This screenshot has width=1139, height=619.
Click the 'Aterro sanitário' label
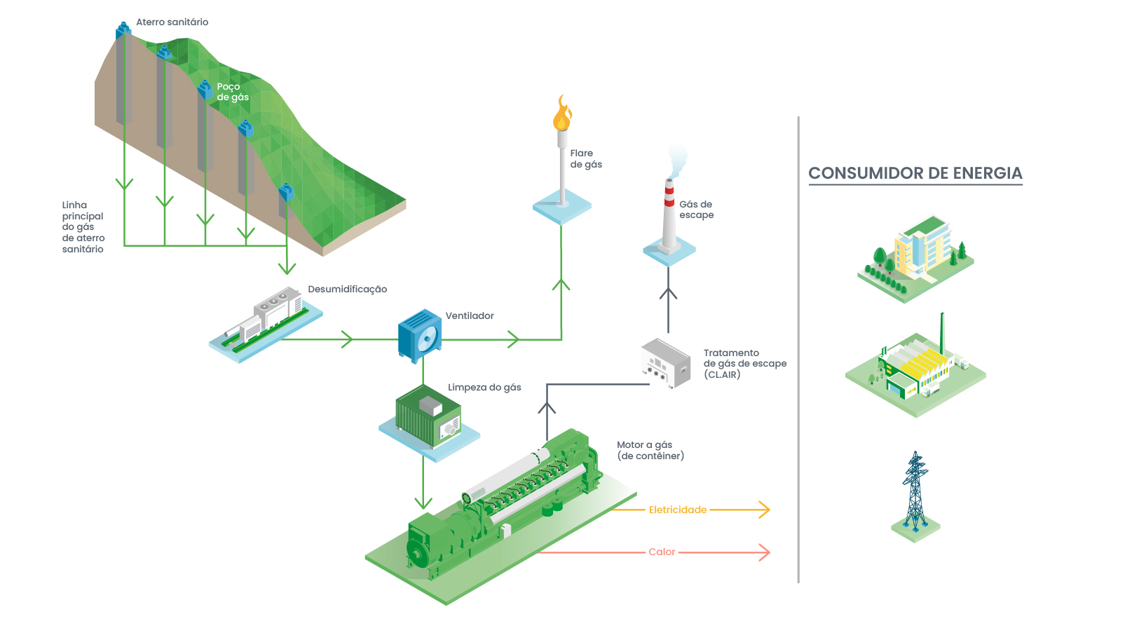(x=172, y=22)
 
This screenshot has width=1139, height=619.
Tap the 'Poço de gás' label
(x=233, y=92)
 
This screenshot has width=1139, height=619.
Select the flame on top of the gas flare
(x=561, y=114)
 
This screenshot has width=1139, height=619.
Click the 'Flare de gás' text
(x=586, y=158)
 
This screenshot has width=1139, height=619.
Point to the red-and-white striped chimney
(x=669, y=214)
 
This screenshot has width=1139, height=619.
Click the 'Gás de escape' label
(x=696, y=210)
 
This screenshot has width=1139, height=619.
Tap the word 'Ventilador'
(x=470, y=316)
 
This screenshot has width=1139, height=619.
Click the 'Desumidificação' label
(x=347, y=290)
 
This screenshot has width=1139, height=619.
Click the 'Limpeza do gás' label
(x=484, y=388)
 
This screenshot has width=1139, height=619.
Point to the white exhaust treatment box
(x=665, y=362)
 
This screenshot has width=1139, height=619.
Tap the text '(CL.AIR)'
(x=722, y=375)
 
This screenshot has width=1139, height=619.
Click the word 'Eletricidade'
(x=677, y=510)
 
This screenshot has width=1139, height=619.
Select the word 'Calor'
(x=662, y=552)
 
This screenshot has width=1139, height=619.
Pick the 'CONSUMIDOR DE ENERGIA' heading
(x=915, y=173)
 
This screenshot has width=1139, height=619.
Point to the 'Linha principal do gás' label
(x=83, y=227)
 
